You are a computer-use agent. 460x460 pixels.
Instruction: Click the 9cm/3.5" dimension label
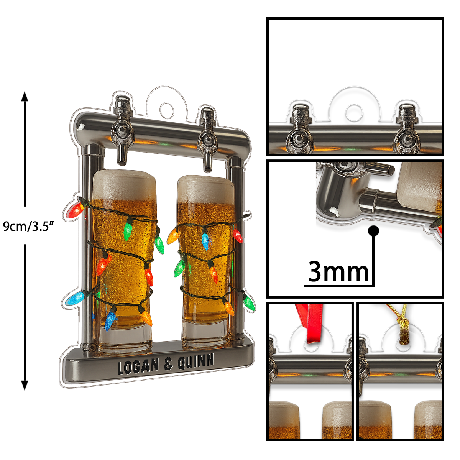[x=28, y=226]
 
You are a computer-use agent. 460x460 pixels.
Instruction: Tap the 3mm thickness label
[x=338, y=272]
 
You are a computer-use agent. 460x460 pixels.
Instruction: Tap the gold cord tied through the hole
[x=399, y=324]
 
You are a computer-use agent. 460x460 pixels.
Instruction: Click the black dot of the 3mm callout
[x=374, y=231]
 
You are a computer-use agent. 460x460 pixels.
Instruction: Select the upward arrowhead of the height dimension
[x=25, y=97]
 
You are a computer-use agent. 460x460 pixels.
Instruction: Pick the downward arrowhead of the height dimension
[x=25, y=384]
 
